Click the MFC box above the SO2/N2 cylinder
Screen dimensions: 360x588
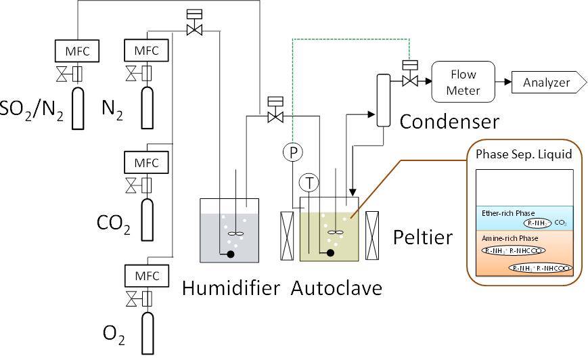(x=76, y=51)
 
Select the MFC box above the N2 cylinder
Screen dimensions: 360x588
(x=147, y=51)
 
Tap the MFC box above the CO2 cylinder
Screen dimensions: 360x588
(x=147, y=163)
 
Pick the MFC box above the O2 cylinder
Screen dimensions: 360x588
(x=147, y=276)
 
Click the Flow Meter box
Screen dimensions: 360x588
(x=463, y=82)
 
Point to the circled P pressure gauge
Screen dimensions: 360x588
(x=293, y=152)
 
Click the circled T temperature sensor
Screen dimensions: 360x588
(x=309, y=182)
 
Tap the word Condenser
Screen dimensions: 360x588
(x=449, y=122)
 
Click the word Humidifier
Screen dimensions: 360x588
(x=231, y=288)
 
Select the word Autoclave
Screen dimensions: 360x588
(x=336, y=288)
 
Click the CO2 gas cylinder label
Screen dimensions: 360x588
(x=113, y=223)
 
